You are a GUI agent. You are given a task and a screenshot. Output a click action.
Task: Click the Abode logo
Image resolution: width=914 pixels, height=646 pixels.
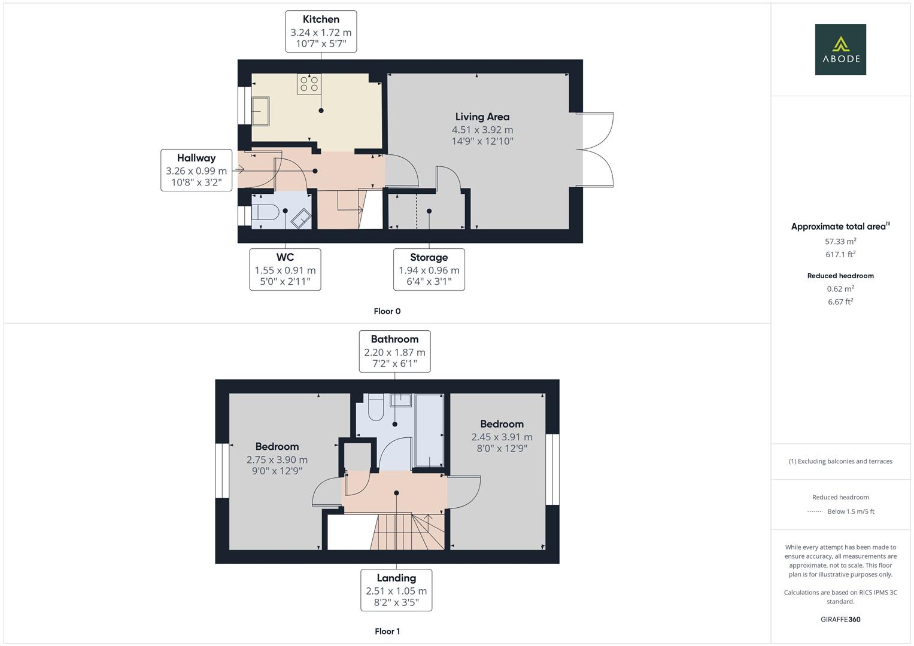(x=840, y=49)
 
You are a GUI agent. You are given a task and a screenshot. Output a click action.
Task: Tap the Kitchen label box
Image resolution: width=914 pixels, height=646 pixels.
(x=321, y=32)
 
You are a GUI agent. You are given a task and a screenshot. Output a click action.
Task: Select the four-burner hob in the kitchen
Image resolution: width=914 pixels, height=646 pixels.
(x=309, y=84)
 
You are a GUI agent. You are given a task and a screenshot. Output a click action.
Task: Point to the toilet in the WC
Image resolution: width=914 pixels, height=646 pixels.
(x=265, y=212)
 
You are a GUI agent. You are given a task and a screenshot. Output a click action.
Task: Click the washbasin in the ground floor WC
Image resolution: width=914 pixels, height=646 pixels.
(x=300, y=218)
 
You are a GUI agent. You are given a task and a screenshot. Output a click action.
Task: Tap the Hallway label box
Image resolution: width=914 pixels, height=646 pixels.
(x=196, y=170)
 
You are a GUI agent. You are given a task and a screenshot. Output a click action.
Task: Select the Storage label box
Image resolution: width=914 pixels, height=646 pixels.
(x=429, y=270)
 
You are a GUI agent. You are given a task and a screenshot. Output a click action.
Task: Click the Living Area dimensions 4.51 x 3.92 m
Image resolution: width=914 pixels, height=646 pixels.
(x=482, y=130)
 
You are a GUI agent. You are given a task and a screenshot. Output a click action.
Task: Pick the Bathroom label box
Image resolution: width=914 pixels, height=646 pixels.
(x=394, y=352)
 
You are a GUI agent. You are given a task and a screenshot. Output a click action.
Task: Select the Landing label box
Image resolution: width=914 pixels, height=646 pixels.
(x=396, y=590)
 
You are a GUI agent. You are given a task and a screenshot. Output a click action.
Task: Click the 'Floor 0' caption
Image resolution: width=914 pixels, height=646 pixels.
(x=387, y=311)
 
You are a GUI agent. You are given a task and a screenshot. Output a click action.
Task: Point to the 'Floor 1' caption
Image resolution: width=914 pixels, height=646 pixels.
(x=387, y=631)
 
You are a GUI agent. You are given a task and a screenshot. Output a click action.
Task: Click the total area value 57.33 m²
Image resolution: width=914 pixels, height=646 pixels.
(x=840, y=242)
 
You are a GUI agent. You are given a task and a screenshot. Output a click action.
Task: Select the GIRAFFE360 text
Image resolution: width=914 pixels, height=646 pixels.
(x=840, y=619)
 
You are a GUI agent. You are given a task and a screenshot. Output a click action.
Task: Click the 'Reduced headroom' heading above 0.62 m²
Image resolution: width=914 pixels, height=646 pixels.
(x=840, y=276)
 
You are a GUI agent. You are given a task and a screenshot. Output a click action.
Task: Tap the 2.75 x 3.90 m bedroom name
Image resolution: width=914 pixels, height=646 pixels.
(x=277, y=446)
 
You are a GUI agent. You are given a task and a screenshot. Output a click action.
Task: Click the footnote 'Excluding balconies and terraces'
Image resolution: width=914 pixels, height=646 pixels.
(x=840, y=461)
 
